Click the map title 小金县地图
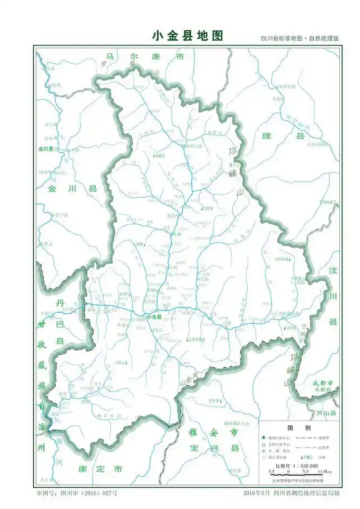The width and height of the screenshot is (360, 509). coord(187,35)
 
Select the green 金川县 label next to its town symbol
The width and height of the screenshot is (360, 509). coord(46,149)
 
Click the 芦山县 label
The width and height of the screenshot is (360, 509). coord(325,413)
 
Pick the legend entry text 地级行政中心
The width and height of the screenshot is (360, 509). coord(281,437)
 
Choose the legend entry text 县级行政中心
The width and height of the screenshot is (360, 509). coord(281,446)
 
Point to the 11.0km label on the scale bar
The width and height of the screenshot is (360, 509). coord(325,472)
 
